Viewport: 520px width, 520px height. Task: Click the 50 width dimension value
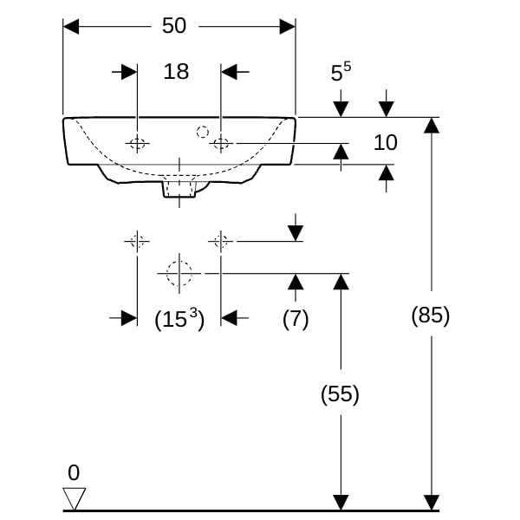click(x=174, y=25)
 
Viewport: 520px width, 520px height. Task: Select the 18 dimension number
click(x=176, y=71)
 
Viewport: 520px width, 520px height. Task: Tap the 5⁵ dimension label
click(x=341, y=72)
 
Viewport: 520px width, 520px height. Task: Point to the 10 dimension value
click(x=386, y=143)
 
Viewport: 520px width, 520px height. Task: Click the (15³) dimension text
click(x=179, y=319)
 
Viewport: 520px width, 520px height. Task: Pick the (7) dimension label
click(x=296, y=319)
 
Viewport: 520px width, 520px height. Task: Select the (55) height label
click(x=340, y=394)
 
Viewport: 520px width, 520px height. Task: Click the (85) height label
click(x=431, y=315)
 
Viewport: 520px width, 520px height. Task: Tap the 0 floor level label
click(x=74, y=473)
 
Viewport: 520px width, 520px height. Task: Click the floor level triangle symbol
click(x=75, y=498)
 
